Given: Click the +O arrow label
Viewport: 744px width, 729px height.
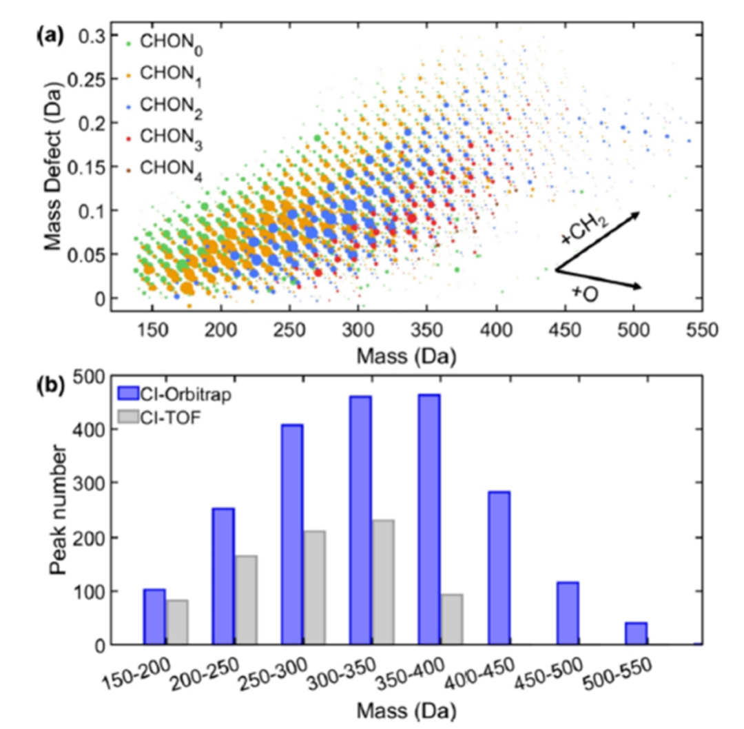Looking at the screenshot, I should point(583,293).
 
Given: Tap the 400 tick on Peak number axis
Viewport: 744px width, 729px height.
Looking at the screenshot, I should point(99,429).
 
